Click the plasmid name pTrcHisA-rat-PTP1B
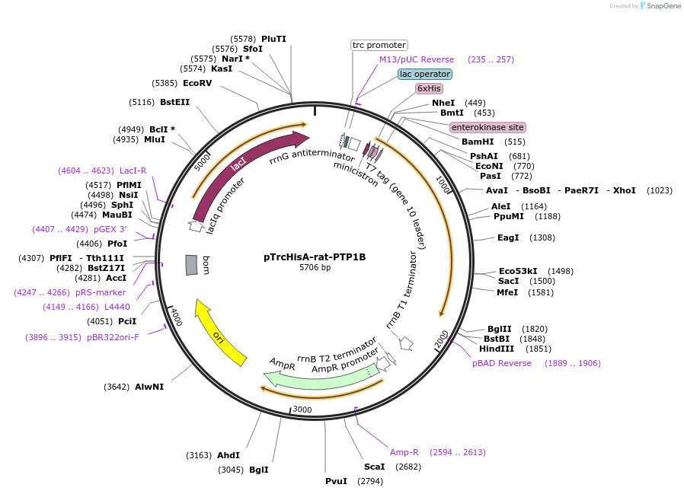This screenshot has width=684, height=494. [x=315, y=257]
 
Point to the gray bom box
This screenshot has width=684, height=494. [x=192, y=265]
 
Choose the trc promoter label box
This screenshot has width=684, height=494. [x=379, y=45]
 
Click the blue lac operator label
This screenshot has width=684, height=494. [x=424, y=74]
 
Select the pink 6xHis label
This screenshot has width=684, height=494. [x=429, y=88]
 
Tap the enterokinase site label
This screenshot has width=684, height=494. [x=487, y=127]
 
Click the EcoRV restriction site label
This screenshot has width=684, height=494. [x=197, y=83]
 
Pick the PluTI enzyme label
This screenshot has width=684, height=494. [x=273, y=38]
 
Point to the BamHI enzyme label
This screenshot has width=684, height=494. [x=478, y=142]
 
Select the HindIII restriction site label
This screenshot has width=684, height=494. [x=496, y=349]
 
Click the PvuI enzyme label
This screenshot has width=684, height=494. [x=335, y=481]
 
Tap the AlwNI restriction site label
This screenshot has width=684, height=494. [x=149, y=387]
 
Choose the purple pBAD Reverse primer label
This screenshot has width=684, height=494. [x=502, y=363]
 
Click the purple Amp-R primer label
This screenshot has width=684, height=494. [x=404, y=452]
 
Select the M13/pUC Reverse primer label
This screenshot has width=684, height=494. [x=417, y=59]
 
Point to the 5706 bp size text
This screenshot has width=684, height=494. [x=315, y=268]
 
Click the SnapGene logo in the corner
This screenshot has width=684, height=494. [x=660, y=6]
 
